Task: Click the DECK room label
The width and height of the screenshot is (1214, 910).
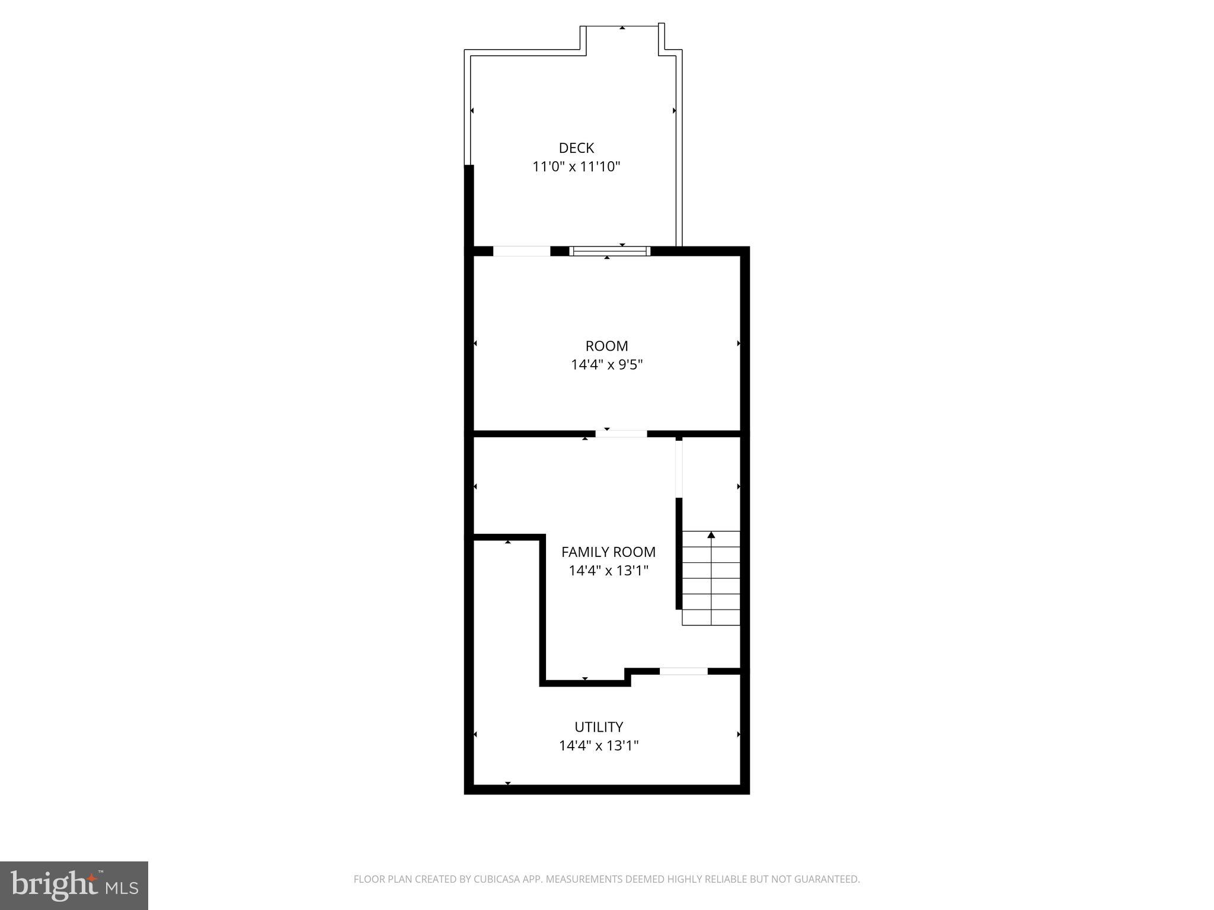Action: tap(576, 148)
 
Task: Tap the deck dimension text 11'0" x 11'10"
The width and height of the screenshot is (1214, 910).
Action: tap(576, 166)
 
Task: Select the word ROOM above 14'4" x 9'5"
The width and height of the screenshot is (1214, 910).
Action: tap(606, 346)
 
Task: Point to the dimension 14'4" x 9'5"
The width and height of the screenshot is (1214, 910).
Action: tap(606, 364)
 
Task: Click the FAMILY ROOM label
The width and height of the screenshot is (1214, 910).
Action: tap(608, 552)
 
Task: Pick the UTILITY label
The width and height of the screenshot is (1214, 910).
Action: tap(599, 727)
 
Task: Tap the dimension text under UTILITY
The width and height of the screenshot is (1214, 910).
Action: tap(599, 745)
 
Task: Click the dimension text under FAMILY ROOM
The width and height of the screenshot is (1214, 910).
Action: tap(608, 571)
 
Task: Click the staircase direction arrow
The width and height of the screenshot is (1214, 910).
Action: tap(711, 536)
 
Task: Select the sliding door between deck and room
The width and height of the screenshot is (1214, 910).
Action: tap(609, 251)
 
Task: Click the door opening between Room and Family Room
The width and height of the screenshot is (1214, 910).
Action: tap(621, 434)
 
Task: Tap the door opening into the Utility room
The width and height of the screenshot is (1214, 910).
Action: tap(683, 671)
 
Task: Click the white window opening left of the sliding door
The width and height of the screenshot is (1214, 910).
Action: tap(522, 251)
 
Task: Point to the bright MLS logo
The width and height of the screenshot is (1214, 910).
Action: tap(74, 885)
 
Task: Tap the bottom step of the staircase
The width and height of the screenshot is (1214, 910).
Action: tap(711, 617)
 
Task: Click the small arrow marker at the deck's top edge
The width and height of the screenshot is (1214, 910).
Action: tap(622, 28)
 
